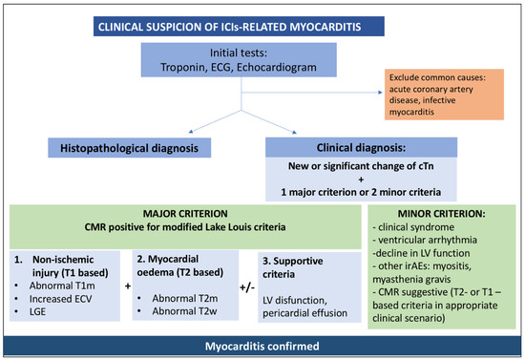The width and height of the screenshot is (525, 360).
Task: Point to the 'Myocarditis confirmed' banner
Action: pyautogui.click(x=262, y=346)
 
